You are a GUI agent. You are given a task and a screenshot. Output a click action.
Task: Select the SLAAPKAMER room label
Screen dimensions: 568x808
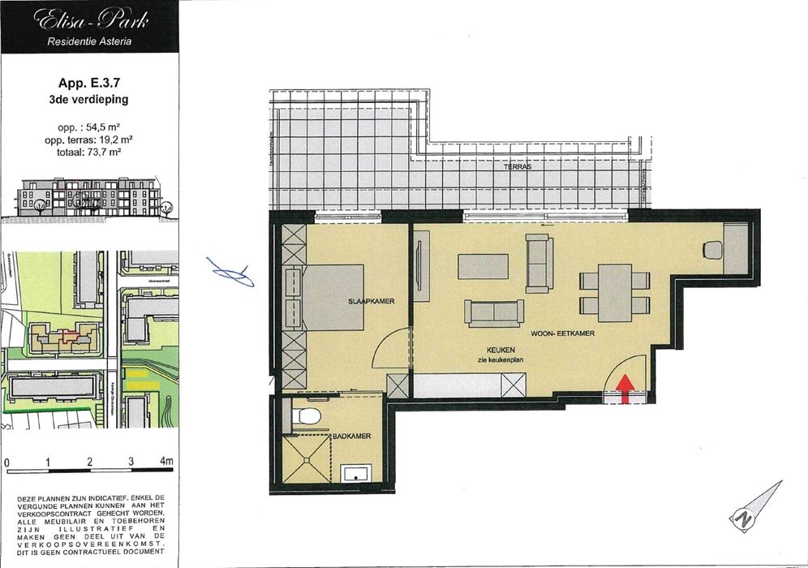pyautogui.click(x=372, y=301)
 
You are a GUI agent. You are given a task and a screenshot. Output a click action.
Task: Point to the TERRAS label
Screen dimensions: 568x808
pyautogui.click(x=516, y=166)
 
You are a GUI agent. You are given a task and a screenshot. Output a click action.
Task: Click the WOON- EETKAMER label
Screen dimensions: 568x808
pyautogui.click(x=563, y=333)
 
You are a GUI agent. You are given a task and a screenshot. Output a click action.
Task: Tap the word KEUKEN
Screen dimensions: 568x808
pyautogui.click(x=492, y=349)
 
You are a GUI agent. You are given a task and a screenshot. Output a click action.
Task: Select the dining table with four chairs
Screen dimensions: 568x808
pyautogui.click(x=615, y=292)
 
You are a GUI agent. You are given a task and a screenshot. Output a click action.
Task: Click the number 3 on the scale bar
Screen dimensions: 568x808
pyautogui.click(x=130, y=463)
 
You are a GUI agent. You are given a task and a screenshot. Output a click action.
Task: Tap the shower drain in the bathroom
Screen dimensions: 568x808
pyautogui.click(x=308, y=459)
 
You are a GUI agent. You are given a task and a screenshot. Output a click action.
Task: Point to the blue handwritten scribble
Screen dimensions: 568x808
pyautogui.click(x=230, y=273)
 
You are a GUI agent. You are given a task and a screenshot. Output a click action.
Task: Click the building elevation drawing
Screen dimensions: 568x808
pyautogui.click(x=89, y=197)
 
